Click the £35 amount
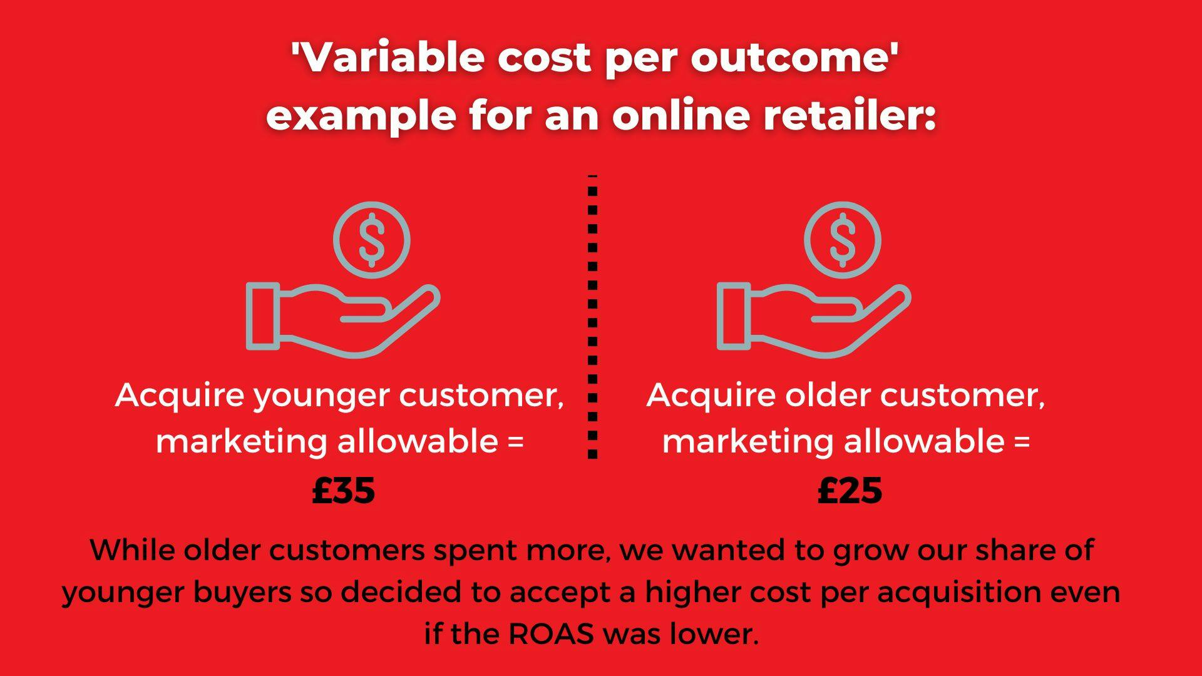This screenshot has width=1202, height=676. click(x=344, y=490)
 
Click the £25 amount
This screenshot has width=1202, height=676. click(x=850, y=490)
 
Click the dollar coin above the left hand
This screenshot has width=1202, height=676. click(x=372, y=240)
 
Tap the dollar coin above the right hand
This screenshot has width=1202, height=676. click(x=843, y=240)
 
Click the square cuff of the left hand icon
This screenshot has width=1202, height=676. click(x=263, y=316)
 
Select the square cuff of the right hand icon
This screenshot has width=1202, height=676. click(x=734, y=316)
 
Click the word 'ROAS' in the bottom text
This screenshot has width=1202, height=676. click(x=551, y=634)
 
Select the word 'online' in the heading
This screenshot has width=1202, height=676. click(x=681, y=115)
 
